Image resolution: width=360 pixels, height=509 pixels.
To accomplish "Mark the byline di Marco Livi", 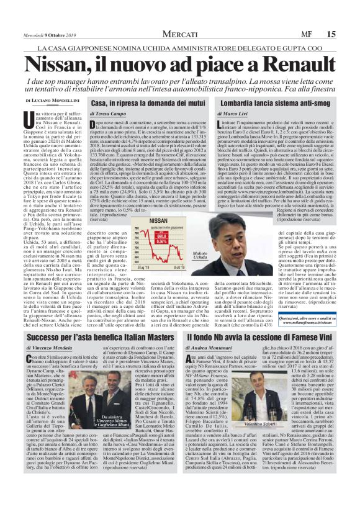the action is (235, 114).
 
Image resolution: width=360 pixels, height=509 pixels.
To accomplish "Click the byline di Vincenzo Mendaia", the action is (50, 349).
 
